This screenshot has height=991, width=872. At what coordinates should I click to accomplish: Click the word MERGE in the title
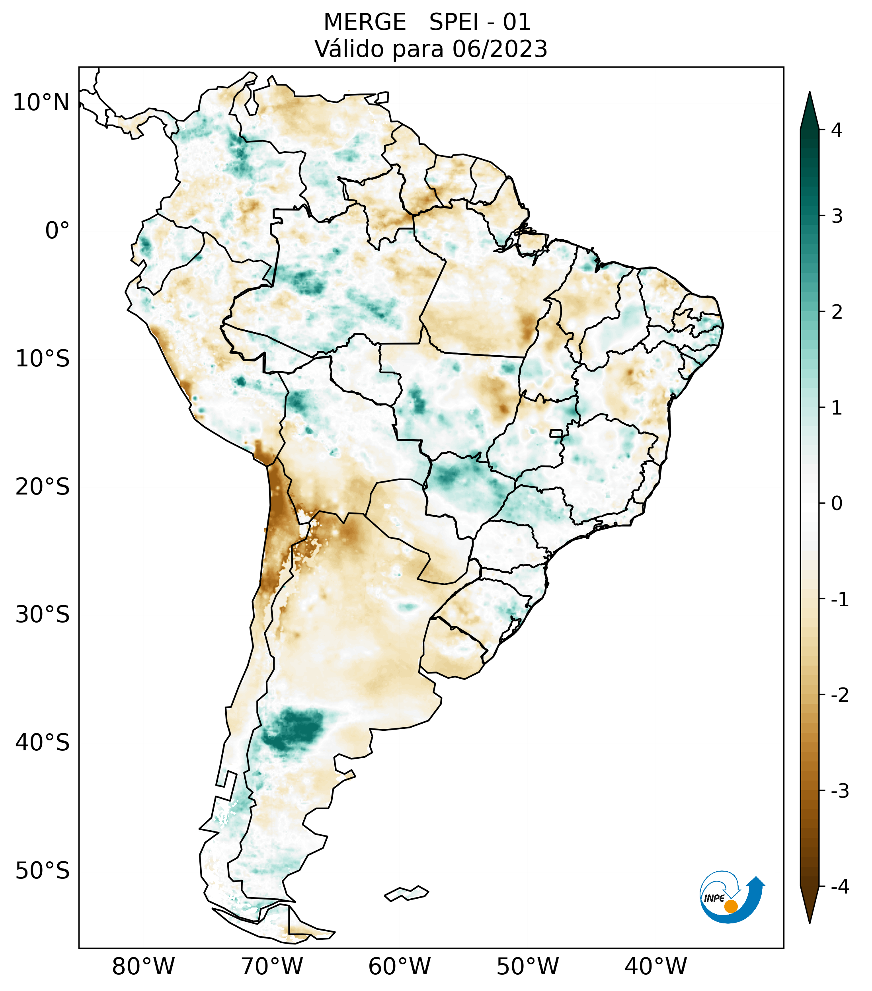coord(365,22)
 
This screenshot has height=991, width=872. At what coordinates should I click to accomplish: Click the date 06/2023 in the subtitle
coord(499,49)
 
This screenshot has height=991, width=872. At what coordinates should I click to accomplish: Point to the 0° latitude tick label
coord(57,230)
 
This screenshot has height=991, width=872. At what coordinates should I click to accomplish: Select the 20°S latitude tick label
coord(43,487)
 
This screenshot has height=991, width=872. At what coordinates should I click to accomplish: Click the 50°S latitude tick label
coord(43,871)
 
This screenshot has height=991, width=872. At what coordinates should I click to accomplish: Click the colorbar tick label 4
coord(837,130)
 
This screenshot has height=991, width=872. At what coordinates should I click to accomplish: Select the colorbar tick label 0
coord(837,503)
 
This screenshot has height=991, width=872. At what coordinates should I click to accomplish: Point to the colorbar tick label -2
coord(839,695)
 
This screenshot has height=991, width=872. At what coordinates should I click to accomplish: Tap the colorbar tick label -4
coord(839,887)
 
